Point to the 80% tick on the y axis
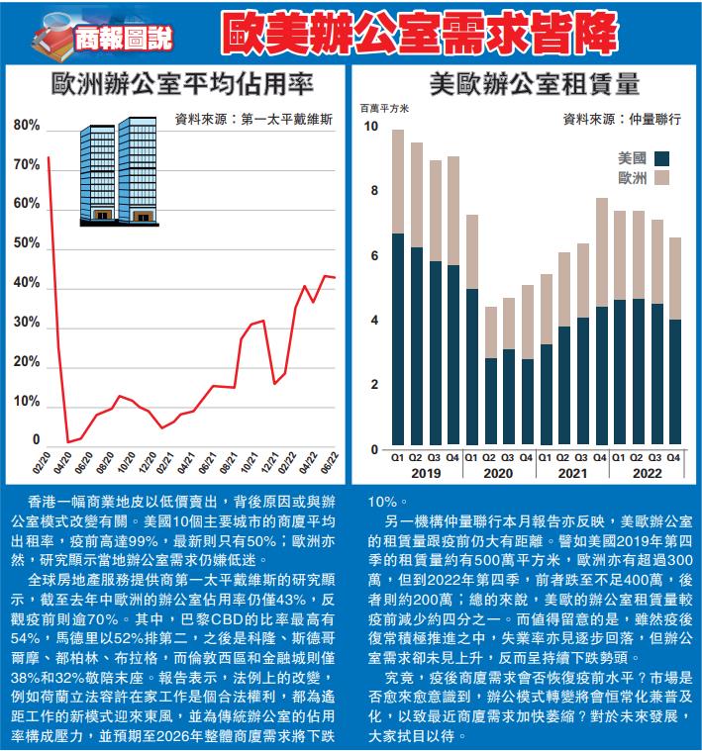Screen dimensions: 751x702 pyautogui.click(x=28, y=127)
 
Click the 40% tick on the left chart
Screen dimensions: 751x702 pyautogui.click(x=28, y=284)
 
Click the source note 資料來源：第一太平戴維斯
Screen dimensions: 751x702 pyautogui.click(x=253, y=120)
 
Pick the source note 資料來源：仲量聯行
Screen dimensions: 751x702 pyautogui.click(x=622, y=119)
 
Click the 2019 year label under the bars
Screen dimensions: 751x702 pyautogui.click(x=425, y=474)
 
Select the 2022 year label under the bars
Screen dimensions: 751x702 pyautogui.click(x=647, y=474)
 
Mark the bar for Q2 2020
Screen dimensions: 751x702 pyautogui.click(x=490, y=376)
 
